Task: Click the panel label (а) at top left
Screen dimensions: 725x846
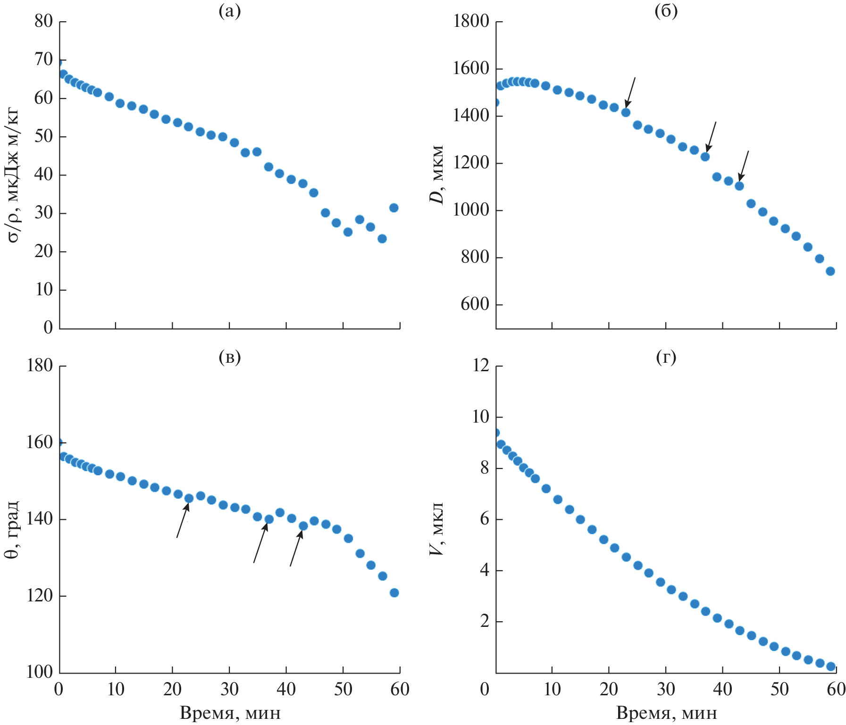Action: pos(229,11)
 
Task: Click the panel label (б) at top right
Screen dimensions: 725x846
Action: pos(666,11)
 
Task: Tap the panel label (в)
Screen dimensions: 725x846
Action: pos(229,357)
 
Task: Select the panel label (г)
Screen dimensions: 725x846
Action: pos(666,357)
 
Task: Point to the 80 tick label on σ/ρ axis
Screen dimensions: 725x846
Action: pos(43,21)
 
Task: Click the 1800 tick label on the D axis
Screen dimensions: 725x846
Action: pos(471,21)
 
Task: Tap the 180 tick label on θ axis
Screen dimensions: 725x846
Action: pos(40,366)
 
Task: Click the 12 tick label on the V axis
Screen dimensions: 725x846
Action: pos(481,366)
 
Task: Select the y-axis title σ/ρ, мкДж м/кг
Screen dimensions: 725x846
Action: pos(14,175)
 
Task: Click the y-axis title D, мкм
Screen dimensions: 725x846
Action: pos(437,175)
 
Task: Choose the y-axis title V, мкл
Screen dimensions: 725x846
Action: pos(437,528)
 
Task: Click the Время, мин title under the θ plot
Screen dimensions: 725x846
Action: pos(230,713)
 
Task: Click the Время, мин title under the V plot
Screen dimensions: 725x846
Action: pos(666,713)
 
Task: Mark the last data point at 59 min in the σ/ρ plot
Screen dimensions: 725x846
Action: pos(394,208)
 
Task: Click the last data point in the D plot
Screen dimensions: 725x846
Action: pos(830,271)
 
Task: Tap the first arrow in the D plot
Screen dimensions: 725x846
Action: pos(630,92)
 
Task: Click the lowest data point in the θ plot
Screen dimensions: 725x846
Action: pos(394,593)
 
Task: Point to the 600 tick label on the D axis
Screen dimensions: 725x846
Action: pos(475,304)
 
